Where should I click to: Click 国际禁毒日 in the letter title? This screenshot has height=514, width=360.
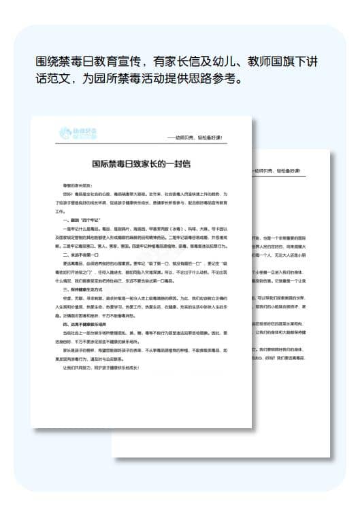114,163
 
